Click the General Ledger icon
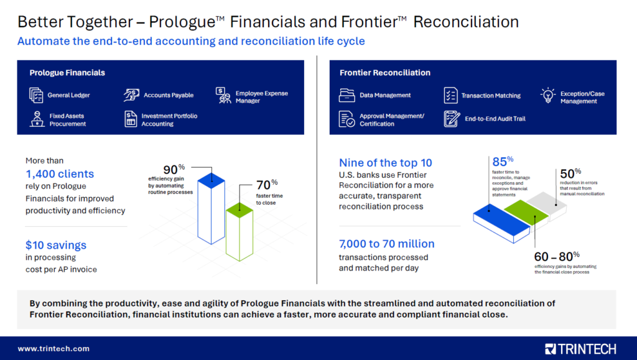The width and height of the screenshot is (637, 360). pos(36,95)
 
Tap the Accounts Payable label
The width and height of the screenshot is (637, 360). pos(169,95)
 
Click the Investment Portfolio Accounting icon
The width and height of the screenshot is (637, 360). pos(131,119)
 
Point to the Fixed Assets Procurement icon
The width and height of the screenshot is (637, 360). pos(37,119)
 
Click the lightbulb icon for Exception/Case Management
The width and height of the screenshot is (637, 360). pos(547,95)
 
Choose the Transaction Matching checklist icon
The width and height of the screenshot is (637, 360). pos(450,95)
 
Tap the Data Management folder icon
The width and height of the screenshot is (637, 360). pos(346,95)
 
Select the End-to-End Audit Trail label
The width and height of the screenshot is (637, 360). pos(495,119)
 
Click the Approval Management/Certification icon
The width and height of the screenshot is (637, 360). pos(346,119)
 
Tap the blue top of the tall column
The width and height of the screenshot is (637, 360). pos(211,180)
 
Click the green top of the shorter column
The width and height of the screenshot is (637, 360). pos(239,211)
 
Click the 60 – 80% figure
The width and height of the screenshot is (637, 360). pos(556,256)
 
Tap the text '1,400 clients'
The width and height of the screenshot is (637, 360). pos(60,174)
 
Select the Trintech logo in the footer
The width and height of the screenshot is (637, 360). pos(580,349)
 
